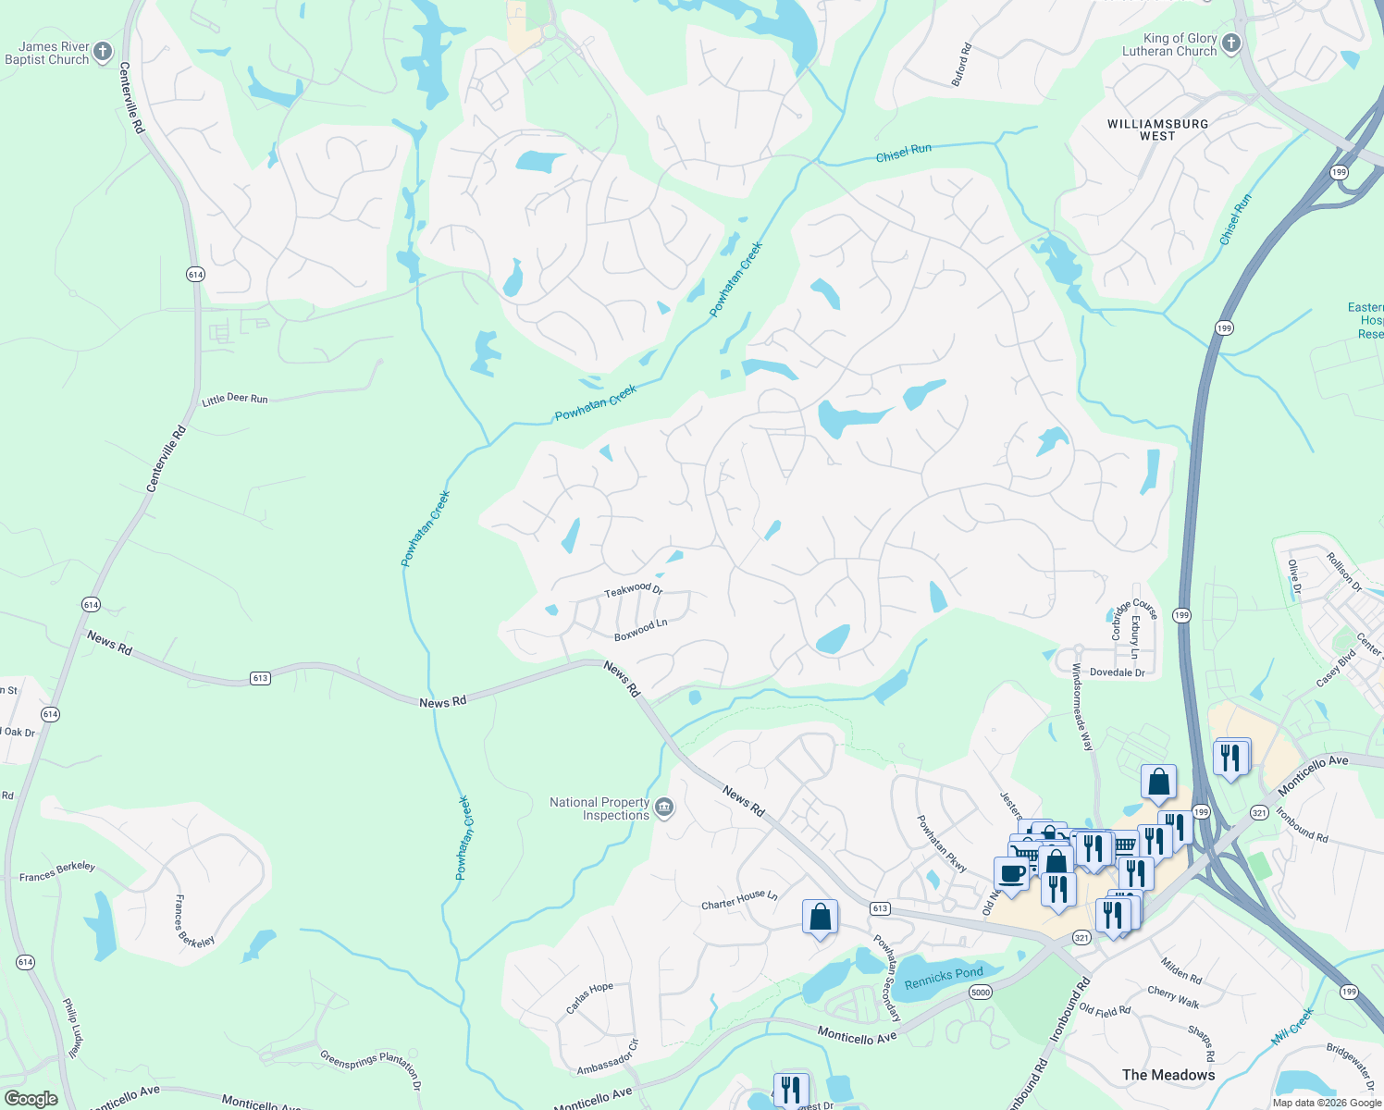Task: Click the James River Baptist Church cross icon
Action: [x=103, y=52]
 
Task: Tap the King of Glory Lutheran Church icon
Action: [x=1230, y=43]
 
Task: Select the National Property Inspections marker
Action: [x=664, y=808]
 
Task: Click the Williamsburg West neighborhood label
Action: [x=1157, y=129]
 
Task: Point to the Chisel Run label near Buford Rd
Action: [x=903, y=153]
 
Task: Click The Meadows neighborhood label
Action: [x=1168, y=1075]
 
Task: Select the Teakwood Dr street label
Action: [x=634, y=589]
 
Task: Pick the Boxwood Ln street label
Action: [x=641, y=630]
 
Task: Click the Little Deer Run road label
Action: [x=235, y=399]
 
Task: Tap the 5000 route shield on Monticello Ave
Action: [x=981, y=993]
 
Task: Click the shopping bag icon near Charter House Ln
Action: [x=820, y=917]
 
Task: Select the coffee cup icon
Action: [x=1012, y=873]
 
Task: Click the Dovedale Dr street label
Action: [x=1117, y=672]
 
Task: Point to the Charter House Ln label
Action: [x=739, y=900]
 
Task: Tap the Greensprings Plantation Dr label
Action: [x=371, y=1070]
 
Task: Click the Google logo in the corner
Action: [x=31, y=1098]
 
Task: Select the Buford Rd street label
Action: [x=962, y=65]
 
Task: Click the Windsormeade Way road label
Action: [x=1081, y=707]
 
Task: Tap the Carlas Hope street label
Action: [x=589, y=998]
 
